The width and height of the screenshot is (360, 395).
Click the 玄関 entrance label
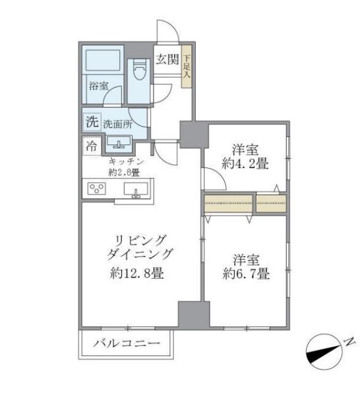[x=167, y=59]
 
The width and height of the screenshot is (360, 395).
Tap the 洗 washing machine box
[x=90, y=122]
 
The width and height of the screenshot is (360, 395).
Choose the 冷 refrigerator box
[x=90, y=146]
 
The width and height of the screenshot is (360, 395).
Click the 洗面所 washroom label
[x=118, y=123]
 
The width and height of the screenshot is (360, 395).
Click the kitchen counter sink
[x=136, y=191]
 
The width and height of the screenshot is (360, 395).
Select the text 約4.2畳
[x=245, y=164]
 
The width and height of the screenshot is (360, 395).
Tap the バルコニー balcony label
[x=127, y=344]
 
